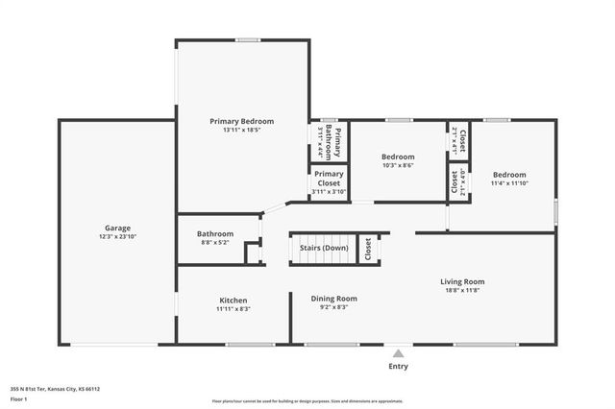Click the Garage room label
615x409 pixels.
(x=117, y=229)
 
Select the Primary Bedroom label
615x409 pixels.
(x=242, y=121)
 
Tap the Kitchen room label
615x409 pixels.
(x=234, y=301)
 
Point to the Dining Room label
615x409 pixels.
(x=333, y=299)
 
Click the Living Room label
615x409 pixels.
(x=462, y=281)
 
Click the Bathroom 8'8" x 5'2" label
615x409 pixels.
(x=215, y=233)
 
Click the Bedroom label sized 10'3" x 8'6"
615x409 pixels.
(x=397, y=156)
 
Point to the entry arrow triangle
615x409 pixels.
(x=398, y=352)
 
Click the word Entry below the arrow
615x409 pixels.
(x=398, y=366)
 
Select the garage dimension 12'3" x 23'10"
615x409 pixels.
(x=117, y=237)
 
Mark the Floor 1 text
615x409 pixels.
(x=19, y=398)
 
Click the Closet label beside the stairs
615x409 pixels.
(x=368, y=249)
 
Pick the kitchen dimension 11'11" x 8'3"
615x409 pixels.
(x=234, y=309)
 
